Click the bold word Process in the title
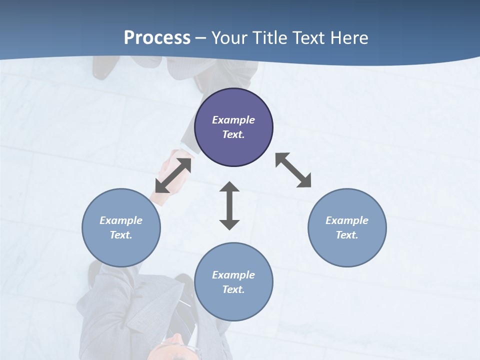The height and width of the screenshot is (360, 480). click(x=157, y=38)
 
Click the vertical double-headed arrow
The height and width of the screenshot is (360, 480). click(x=229, y=205)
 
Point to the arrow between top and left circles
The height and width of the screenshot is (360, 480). click(x=173, y=174)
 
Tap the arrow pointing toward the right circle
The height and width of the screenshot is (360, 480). click(x=293, y=170)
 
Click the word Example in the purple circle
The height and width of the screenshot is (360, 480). click(x=233, y=120)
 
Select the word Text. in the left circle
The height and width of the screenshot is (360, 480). click(x=121, y=235)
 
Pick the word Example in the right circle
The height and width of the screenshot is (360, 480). click(x=347, y=220)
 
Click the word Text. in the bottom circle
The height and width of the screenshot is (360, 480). click(x=233, y=289)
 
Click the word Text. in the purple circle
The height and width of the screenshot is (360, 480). click(x=233, y=134)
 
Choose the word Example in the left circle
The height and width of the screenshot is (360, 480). click(x=121, y=220)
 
